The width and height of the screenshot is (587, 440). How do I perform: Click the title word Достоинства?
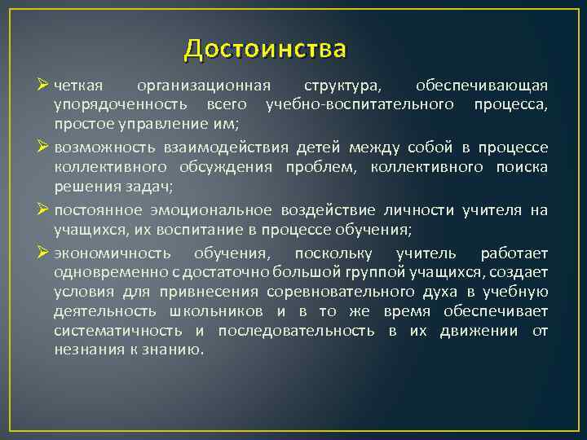pyautogui.click(x=265, y=49)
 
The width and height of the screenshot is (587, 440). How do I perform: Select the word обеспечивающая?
pyautogui.click(x=482, y=86)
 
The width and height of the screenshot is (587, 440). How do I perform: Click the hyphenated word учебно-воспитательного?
pyautogui.click(x=360, y=105)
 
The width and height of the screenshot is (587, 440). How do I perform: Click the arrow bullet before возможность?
pyautogui.click(x=44, y=147)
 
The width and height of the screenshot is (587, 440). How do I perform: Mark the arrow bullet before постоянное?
pyautogui.click(x=44, y=209)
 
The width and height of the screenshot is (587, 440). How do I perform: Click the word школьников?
pyautogui.click(x=217, y=311)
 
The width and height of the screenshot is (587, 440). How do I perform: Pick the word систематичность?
pyautogui.click(x=120, y=331)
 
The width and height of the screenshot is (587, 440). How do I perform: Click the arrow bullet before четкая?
pyautogui.click(x=44, y=85)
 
